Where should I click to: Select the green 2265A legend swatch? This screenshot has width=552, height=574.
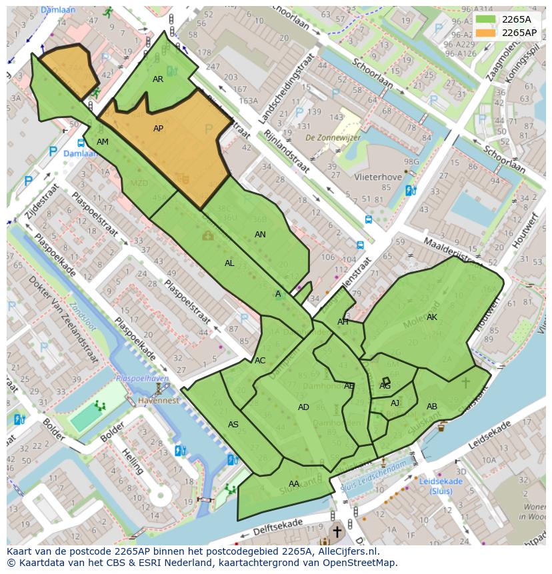pos(486,19)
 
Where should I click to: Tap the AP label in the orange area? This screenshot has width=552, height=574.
pos(158,129)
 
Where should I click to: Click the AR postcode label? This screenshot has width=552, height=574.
pos(158,79)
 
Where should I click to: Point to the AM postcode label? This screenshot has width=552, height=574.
pos(102,142)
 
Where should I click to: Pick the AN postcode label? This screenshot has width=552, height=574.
pos(260,235)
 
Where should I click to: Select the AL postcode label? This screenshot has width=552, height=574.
pos(229,263)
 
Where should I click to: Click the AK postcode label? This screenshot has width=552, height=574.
pos(432,317)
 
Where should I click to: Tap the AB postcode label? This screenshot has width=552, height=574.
pos(432,407)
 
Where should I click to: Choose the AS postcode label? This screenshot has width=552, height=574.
pos(233,425)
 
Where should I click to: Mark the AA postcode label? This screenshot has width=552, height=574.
pos(294,484)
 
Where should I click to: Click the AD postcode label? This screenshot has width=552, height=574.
pos(303,407)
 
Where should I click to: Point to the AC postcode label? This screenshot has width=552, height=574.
pos(260,361)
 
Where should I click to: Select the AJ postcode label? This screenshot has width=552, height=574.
pos(395,403)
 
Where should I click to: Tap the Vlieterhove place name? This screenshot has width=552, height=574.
pos(379,177)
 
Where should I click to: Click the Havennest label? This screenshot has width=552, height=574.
pos(159,401)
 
